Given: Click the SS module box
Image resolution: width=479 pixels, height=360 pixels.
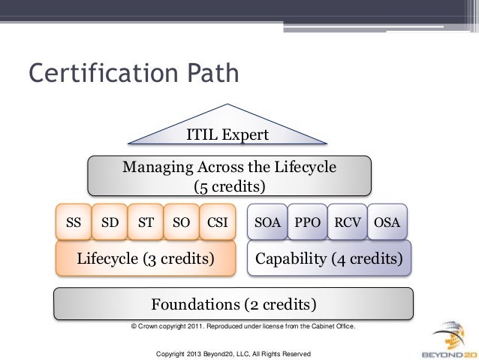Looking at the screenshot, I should [x=74, y=222].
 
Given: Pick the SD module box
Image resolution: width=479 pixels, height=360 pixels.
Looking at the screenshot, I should [x=110, y=222].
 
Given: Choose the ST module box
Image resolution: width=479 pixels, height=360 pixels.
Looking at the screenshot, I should [x=145, y=222].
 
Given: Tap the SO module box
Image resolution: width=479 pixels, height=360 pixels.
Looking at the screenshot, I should [x=181, y=222].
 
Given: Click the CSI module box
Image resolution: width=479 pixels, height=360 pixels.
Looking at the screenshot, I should [x=218, y=222].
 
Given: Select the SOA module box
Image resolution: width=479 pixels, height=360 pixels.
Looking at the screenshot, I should [x=267, y=222].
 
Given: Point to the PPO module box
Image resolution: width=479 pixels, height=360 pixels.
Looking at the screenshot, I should [x=306, y=222].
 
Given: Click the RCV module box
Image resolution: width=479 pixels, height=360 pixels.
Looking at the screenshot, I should [x=348, y=222].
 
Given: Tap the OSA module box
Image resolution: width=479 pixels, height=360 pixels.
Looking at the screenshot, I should [x=388, y=222].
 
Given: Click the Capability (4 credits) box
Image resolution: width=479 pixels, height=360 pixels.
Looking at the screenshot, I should [x=329, y=259].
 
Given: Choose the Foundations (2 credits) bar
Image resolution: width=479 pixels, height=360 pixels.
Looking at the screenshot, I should [x=233, y=304].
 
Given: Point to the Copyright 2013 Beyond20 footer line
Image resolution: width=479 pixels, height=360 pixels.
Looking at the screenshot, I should [x=231, y=353].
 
